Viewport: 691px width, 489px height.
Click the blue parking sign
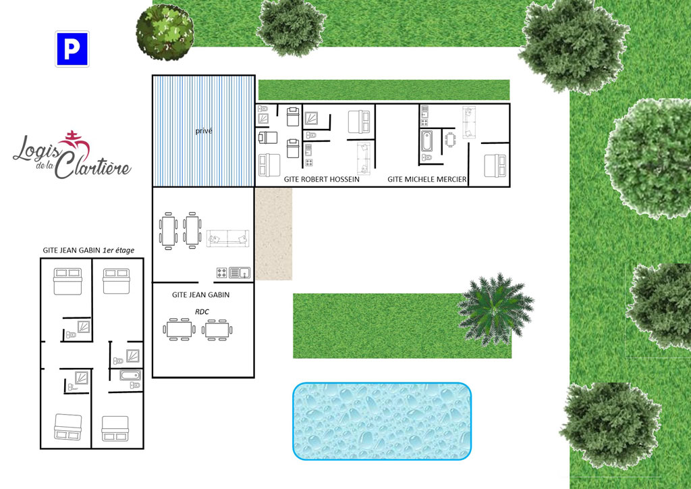[72, 49]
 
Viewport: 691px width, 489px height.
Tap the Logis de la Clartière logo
[72, 155]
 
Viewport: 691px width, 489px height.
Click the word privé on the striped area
[204, 131]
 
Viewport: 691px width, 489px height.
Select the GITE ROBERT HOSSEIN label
[322, 180]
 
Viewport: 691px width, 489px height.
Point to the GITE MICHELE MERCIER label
[427, 180]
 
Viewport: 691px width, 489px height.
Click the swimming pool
[382, 421]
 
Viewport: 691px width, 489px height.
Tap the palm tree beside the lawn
[496, 309]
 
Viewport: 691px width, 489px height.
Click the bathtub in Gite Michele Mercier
[426, 140]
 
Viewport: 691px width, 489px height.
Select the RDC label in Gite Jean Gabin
[202, 312]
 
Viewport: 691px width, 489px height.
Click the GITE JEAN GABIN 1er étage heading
[88, 251]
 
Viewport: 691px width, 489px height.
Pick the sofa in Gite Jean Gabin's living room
[228, 238]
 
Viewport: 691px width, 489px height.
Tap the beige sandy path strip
[273, 234]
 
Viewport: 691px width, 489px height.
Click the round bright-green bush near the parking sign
[165, 32]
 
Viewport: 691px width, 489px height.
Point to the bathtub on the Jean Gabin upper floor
[131, 376]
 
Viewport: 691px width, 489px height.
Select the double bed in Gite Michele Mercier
[495, 165]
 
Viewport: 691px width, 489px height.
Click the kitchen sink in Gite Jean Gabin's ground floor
[240, 273]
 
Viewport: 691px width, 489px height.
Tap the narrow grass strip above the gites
[384, 90]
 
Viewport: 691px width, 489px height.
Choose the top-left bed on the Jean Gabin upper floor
[68, 282]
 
